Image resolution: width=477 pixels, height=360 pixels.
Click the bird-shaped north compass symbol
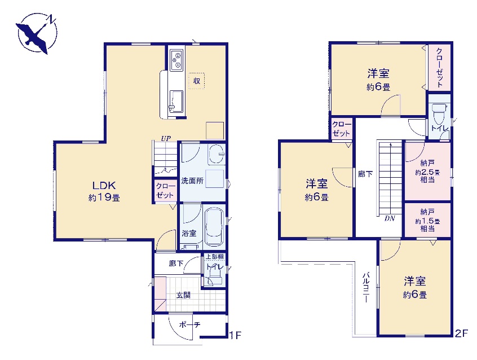(37, 33)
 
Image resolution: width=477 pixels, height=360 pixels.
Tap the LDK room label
(104, 191)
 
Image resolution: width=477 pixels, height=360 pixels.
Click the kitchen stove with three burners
(176, 59)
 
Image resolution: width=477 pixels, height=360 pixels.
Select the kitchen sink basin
(176, 101)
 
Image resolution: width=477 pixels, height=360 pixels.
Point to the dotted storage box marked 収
(197, 81)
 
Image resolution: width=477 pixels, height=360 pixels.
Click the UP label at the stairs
(166, 139)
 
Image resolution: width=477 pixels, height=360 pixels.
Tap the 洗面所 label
(192, 181)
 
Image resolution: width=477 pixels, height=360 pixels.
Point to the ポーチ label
(189, 325)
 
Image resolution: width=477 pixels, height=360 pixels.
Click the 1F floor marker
(235, 335)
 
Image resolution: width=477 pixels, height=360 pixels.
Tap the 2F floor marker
(461, 333)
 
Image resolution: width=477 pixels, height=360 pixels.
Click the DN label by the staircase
(390, 218)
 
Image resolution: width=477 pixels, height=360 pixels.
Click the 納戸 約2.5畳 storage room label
(427, 171)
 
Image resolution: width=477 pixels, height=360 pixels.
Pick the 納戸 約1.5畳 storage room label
(427, 220)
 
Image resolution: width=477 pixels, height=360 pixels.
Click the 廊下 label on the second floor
(365, 174)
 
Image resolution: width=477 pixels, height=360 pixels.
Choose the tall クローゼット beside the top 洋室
(439, 68)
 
